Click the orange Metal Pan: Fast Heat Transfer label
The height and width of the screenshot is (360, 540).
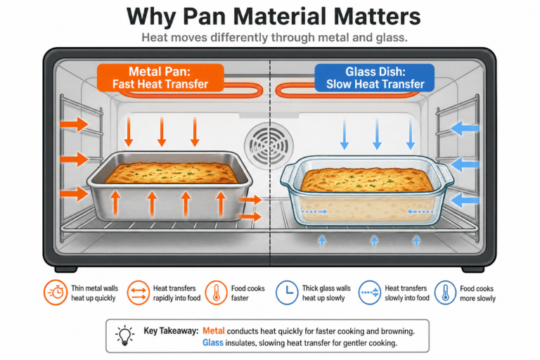pyautogui.click(x=160, y=78)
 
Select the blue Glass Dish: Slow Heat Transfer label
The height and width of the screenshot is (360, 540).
pyautogui.click(x=375, y=78)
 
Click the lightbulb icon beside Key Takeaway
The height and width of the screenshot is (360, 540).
pyautogui.click(x=124, y=335)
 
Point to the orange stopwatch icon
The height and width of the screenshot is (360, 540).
pyautogui.click(x=56, y=292)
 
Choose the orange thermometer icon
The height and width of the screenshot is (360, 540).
pyautogui.click(x=217, y=292)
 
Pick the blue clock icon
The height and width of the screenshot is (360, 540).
pyautogui.click(x=287, y=292)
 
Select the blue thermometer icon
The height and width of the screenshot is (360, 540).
pyautogui.click(x=445, y=292)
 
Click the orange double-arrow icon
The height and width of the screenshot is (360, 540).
pyautogui.click(x=138, y=292)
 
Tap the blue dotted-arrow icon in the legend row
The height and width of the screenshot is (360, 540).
pyautogui.click(x=370, y=292)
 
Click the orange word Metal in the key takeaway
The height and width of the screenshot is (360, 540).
pyautogui.click(x=214, y=331)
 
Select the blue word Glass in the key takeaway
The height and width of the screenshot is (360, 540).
pyautogui.click(x=213, y=343)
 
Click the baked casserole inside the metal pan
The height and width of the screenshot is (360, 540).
pyautogui.click(x=171, y=173)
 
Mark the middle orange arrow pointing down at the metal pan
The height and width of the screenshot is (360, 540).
pyautogui.click(x=162, y=131)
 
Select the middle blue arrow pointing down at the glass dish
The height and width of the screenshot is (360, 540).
pyautogui.click(x=377, y=134)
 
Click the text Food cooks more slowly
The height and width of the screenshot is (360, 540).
pyautogui.click(x=477, y=293)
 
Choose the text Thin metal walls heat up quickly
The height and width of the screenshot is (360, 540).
pyautogui.click(x=94, y=293)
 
